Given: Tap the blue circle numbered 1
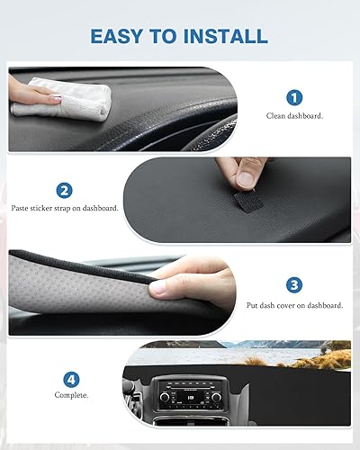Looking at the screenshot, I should (x=295, y=97).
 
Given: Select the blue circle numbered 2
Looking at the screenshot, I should (x=64, y=190).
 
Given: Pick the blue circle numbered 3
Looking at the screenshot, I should (x=294, y=285).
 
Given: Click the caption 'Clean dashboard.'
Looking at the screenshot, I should (x=295, y=116).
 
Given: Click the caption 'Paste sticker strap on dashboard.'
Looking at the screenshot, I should (x=65, y=208).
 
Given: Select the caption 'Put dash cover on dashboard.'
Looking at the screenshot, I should (x=294, y=305).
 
